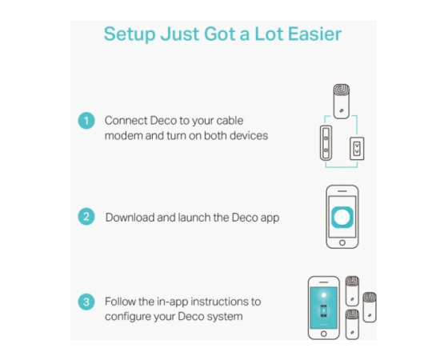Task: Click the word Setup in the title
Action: click(x=130, y=34)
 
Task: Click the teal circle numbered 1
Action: click(x=86, y=121)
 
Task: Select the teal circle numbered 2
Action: click(x=86, y=217)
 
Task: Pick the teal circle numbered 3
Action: click(x=86, y=302)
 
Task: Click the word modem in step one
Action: click(x=124, y=135)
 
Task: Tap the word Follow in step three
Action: click(x=120, y=302)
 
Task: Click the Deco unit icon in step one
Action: click(x=342, y=101)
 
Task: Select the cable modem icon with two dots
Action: click(x=326, y=143)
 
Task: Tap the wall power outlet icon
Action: click(x=357, y=149)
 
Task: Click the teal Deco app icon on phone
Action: click(x=342, y=217)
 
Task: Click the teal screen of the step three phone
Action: click(x=324, y=308)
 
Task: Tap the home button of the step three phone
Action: click(x=324, y=334)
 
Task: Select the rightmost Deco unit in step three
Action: click(x=370, y=307)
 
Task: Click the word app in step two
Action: click(x=270, y=218)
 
